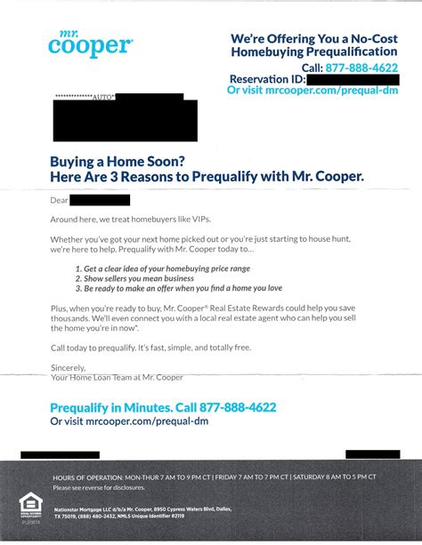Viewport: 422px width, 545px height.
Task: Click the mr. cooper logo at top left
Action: tap(92, 44)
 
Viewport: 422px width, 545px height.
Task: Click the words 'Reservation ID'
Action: tap(266, 79)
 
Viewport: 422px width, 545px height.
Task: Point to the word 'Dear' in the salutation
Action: tap(60, 199)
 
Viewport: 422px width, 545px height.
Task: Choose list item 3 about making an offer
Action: tap(183, 289)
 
